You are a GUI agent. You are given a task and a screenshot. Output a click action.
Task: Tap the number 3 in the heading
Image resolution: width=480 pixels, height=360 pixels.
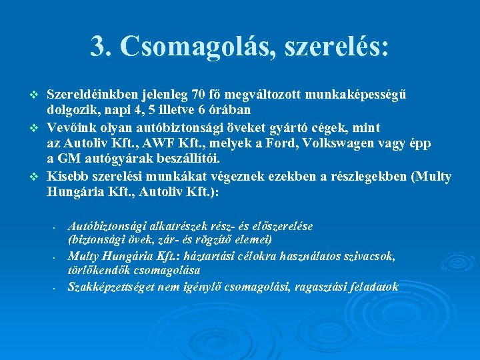point(97,47)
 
